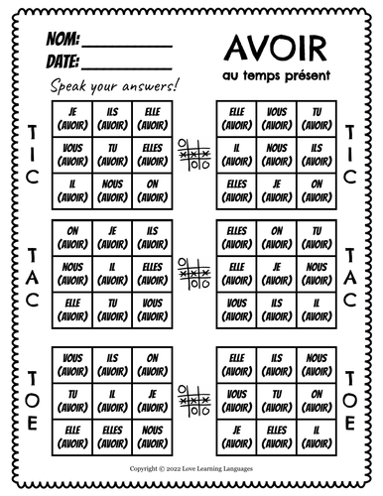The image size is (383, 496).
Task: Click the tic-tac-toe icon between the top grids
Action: click(x=191, y=152)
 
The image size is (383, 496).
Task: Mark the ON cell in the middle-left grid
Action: click(x=70, y=236)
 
